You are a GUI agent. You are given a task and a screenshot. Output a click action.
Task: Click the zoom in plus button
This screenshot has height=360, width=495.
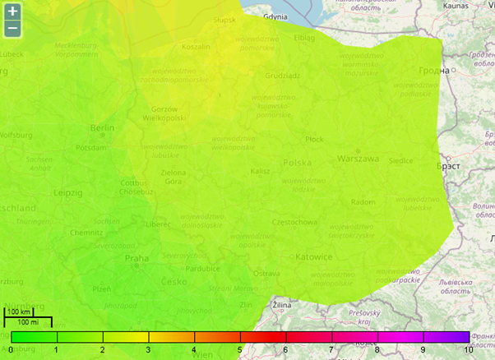(12, 12)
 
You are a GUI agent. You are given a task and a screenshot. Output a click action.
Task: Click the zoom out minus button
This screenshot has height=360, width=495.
(12, 30)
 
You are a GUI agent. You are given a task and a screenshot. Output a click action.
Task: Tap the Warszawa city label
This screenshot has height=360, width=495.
(358, 158)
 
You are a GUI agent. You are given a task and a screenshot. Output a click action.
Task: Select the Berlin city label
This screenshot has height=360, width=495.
(103, 128)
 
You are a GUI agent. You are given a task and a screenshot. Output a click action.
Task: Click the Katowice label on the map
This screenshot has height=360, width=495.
(313, 256)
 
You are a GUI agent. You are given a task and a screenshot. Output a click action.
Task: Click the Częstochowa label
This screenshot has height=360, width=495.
(295, 222)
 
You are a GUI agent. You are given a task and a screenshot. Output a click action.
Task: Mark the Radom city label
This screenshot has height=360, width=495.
(363, 201)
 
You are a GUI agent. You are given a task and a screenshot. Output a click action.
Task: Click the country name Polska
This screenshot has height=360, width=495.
(298, 163)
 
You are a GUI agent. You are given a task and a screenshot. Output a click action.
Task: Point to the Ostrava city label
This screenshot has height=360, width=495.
(266, 273)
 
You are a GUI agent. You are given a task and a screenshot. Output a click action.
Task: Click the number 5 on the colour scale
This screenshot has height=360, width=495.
(240, 350)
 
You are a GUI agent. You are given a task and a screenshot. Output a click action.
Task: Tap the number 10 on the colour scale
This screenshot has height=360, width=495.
(468, 350)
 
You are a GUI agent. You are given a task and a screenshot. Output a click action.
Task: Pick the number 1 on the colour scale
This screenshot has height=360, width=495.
(57, 350)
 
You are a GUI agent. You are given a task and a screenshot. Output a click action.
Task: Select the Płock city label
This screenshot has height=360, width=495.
(314, 140)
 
